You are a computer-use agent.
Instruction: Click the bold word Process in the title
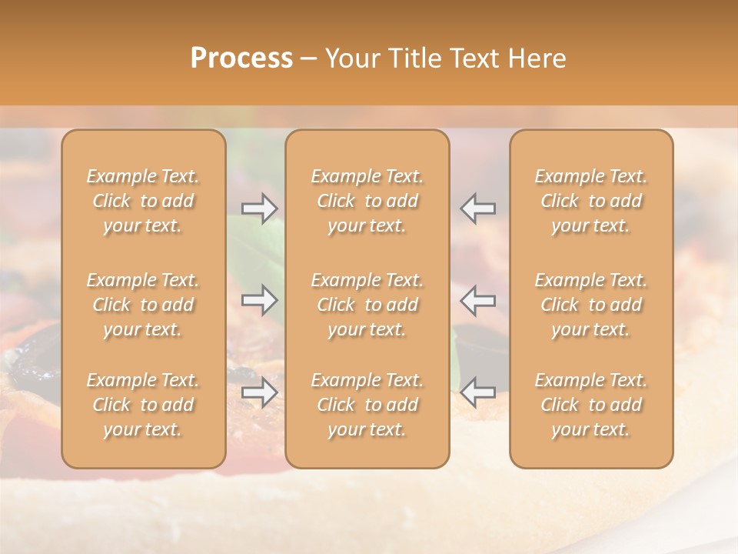coord(241,58)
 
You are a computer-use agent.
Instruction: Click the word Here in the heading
coord(537,58)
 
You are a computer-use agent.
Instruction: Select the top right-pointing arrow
coord(260,208)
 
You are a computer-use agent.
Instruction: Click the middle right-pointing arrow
coord(260,299)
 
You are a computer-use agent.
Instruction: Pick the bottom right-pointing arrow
coord(260,392)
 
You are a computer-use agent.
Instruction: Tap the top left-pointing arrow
coord(478,208)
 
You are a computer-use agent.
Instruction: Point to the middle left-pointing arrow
coord(478,299)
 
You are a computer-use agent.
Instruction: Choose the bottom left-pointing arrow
coord(478,392)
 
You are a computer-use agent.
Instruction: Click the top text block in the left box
coord(143,201)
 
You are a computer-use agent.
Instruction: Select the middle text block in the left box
coord(143,305)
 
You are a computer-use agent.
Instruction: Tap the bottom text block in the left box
coord(143,405)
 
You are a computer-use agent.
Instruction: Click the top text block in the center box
coord(367,201)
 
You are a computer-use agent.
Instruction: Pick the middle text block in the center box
coord(367,305)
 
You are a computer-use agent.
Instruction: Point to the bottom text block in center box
coord(367,405)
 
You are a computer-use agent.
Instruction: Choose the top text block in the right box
coord(591,201)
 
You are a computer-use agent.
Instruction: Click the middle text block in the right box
coord(591,305)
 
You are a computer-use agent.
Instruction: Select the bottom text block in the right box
coord(591,405)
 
